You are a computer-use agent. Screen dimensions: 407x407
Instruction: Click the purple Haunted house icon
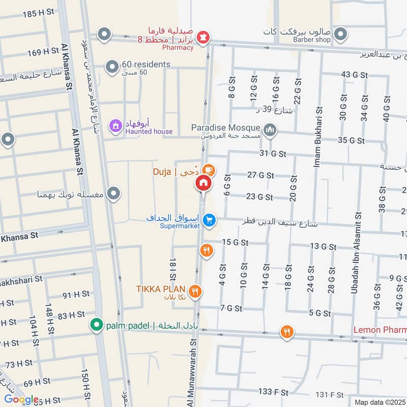click(115, 125)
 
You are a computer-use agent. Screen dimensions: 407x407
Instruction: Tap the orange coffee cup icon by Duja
click(207, 170)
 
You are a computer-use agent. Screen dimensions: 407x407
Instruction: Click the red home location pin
click(203, 183)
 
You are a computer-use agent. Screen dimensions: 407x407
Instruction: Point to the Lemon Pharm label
click(380, 330)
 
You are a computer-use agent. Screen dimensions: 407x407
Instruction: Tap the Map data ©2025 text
click(380, 402)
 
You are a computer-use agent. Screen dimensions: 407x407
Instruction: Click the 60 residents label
click(146, 65)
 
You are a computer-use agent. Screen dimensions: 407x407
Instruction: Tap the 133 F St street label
click(273, 392)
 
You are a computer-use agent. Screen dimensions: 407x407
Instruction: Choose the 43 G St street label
click(354, 75)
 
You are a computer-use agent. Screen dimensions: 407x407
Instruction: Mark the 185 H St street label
click(39, 14)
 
